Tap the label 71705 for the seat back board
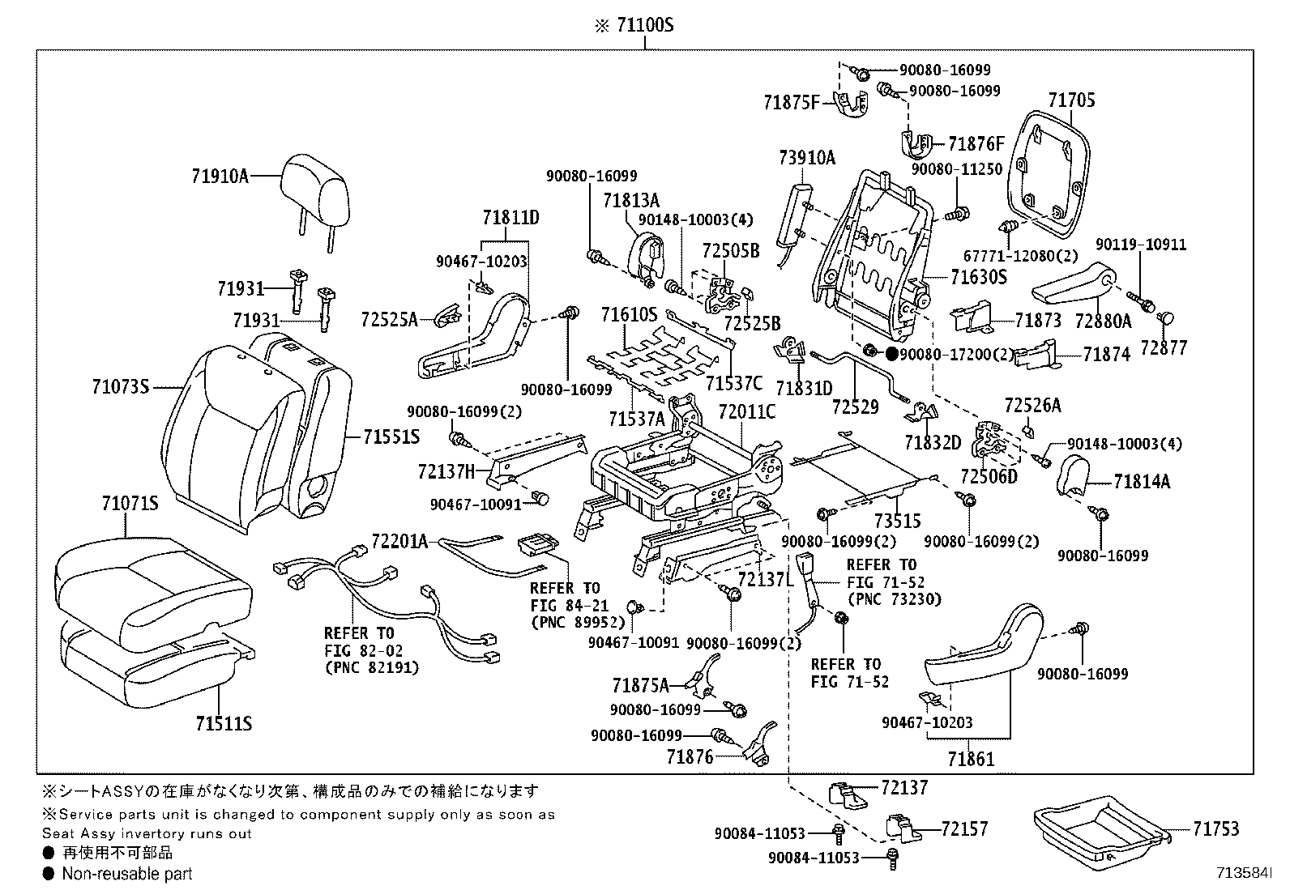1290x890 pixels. click(1071, 100)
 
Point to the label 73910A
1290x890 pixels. click(806, 158)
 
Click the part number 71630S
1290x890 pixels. click(979, 278)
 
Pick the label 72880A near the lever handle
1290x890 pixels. click(1103, 321)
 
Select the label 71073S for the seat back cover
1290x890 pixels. click(121, 387)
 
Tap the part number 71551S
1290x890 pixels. click(391, 437)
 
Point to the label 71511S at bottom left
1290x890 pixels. click(223, 723)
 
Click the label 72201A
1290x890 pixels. click(399, 540)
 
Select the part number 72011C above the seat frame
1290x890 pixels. click(746, 412)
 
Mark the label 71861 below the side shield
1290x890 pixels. click(971, 759)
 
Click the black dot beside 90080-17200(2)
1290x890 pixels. click(891, 354)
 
